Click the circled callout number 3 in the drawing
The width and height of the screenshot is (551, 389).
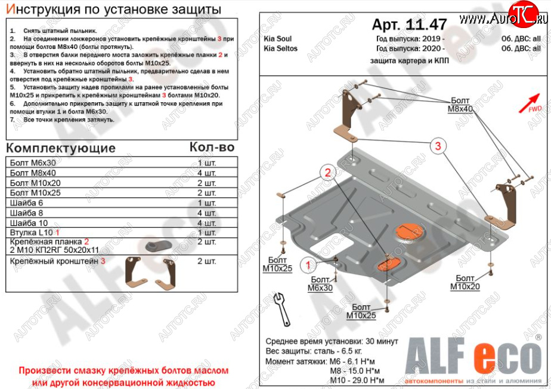[437, 146]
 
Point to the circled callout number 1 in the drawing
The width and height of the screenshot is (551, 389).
[308, 265]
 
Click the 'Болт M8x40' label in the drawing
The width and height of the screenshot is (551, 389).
[460, 105]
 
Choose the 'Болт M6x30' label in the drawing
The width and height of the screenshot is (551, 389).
[320, 283]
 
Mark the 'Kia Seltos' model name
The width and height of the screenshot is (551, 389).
[280, 48]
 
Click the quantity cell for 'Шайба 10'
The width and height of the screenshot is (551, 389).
[206, 222]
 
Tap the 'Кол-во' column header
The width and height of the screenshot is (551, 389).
[212, 147]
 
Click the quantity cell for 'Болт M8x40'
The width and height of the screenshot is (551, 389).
[206, 172]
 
